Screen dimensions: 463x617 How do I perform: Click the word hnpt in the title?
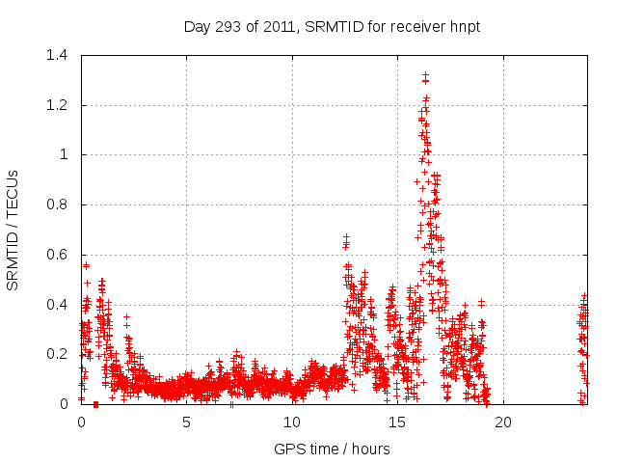[463, 27]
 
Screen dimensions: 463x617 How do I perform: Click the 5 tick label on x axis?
[187, 422]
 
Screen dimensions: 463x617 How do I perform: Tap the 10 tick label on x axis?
[292, 422]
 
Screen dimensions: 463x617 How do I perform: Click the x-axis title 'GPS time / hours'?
[333, 449]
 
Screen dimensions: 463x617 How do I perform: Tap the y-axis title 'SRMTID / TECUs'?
[13, 230]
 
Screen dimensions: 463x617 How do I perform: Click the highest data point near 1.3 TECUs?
[425, 74]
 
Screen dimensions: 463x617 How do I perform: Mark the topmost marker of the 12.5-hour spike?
[346, 236]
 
